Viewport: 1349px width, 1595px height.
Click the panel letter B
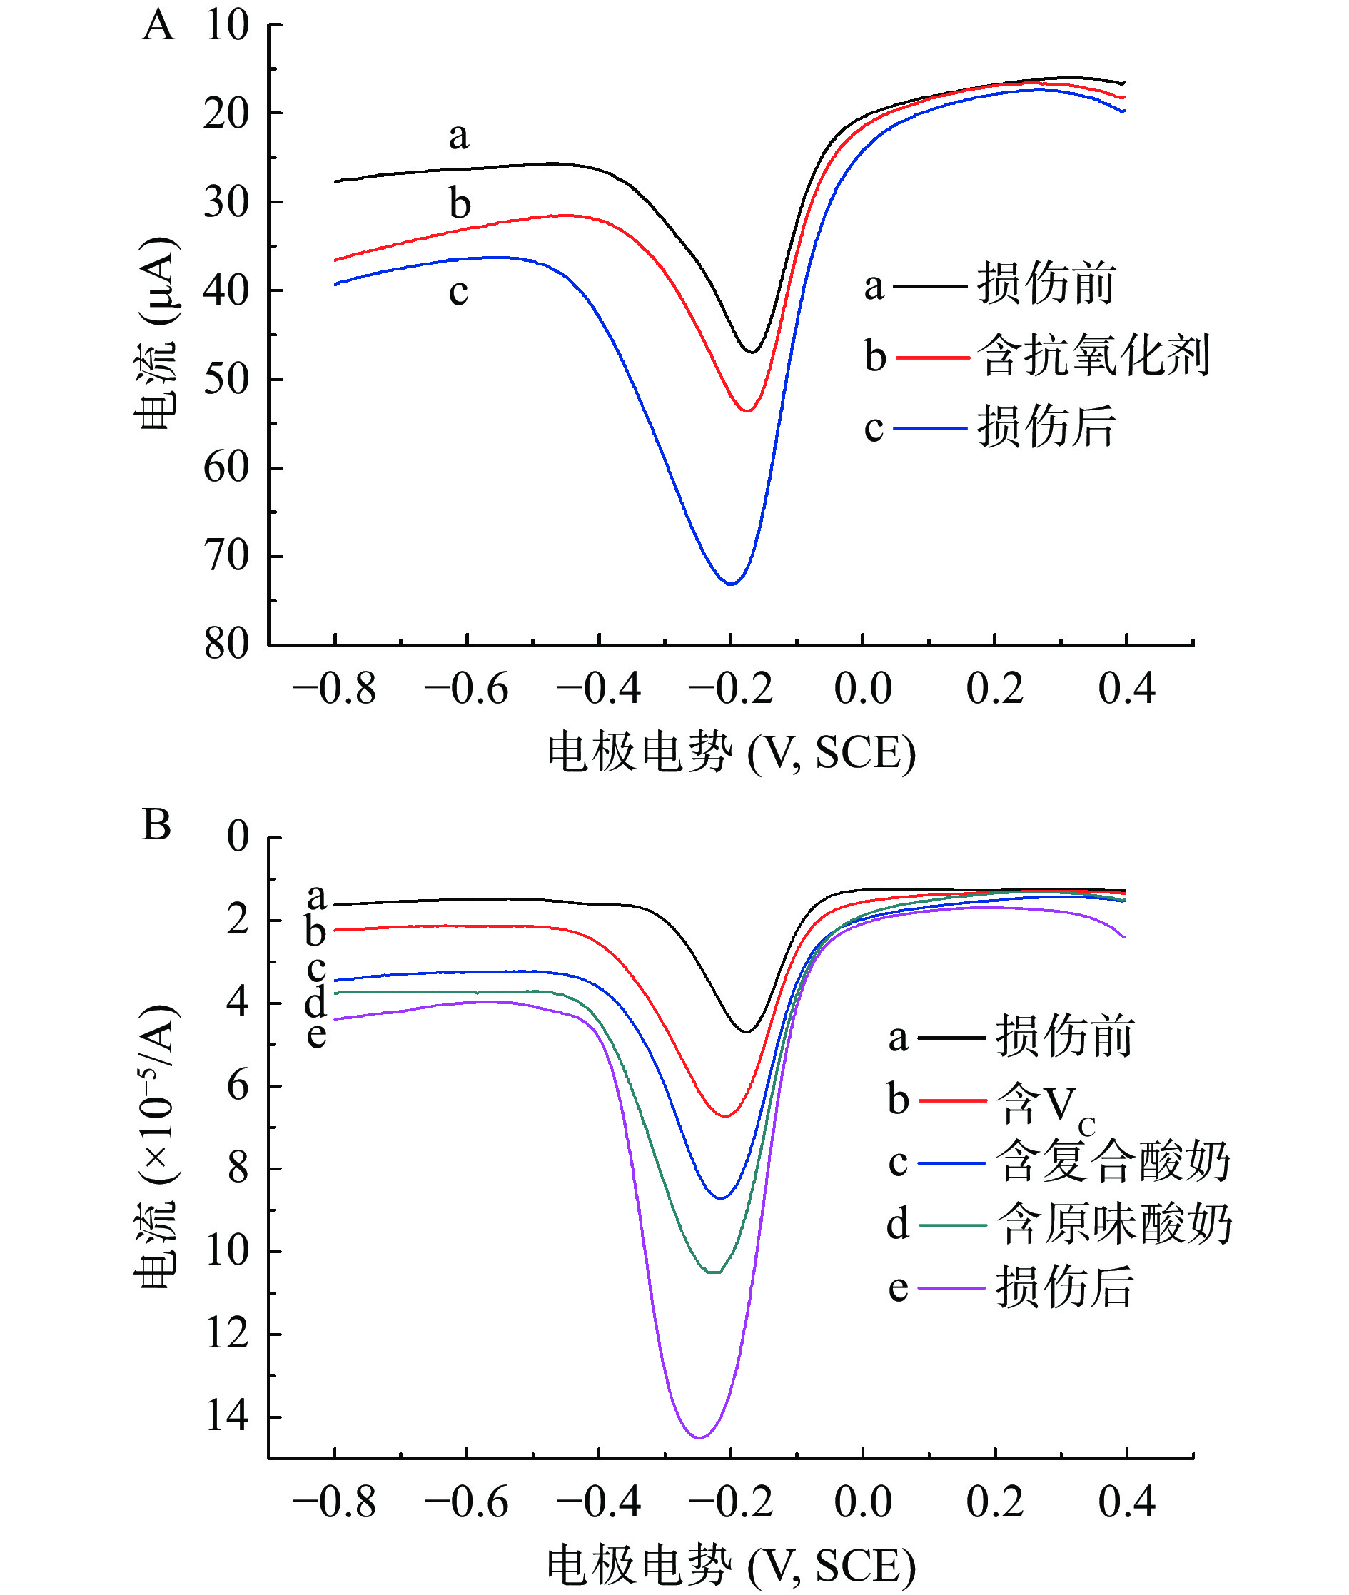[x=157, y=825]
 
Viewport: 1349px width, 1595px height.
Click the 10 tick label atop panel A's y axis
[x=226, y=25]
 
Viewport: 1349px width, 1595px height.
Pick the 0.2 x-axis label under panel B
[x=994, y=1502]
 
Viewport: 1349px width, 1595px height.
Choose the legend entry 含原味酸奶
[x=1113, y=1224]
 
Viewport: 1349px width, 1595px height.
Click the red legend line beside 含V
[x=952, y=1101]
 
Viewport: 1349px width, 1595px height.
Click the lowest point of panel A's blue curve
[x=731, y=584]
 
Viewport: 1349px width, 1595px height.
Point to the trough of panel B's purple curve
[x=699, y=1437]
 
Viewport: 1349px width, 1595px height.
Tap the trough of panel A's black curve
[x=752, y=353]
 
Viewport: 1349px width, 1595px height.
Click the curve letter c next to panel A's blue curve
[x=458, y=292]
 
